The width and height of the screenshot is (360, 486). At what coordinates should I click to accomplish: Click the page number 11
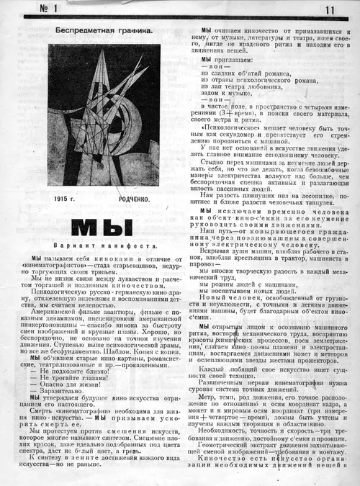330,10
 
